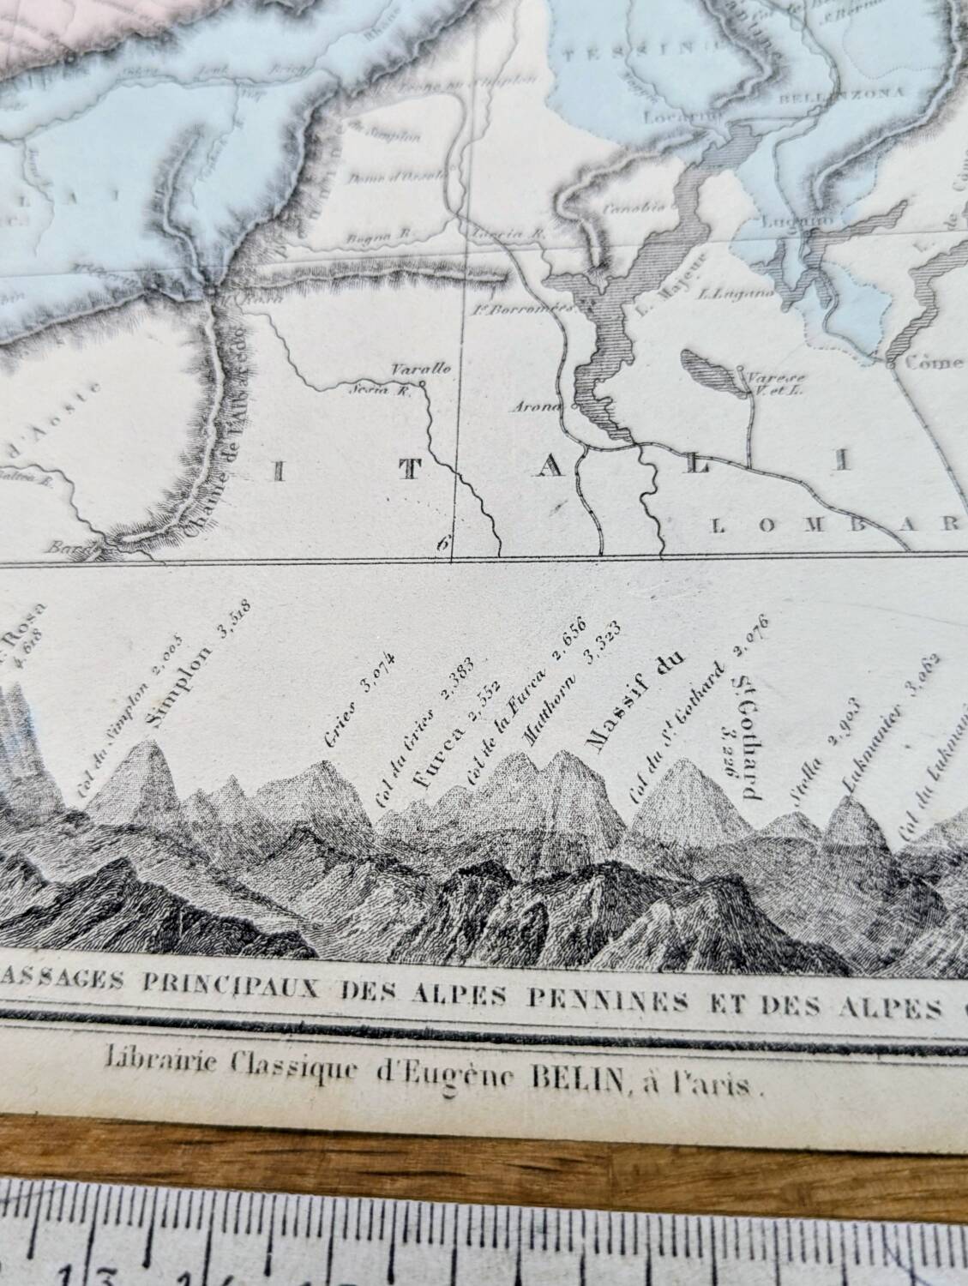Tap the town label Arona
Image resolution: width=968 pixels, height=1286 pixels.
click(540, 407)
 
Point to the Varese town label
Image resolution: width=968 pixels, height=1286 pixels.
click(763, 376)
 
